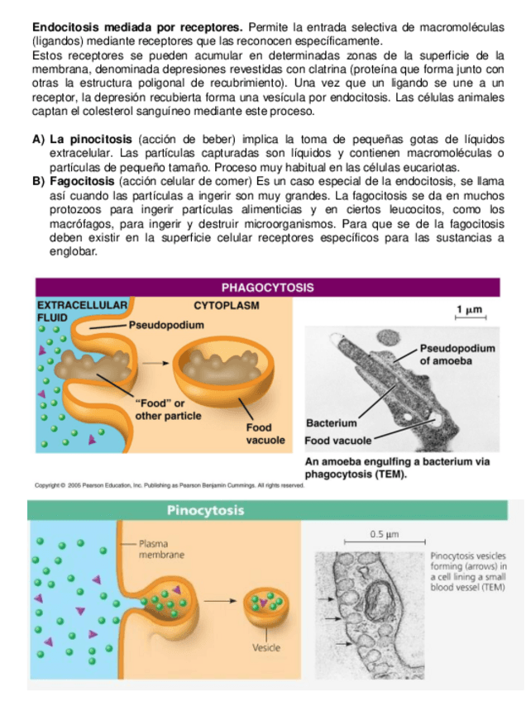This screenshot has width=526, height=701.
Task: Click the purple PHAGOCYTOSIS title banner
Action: tap(267, 288)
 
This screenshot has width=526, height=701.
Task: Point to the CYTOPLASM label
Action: tap(226, 305)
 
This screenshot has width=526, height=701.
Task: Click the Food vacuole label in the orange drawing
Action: tap(265, 434)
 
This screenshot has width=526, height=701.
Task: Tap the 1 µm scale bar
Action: tap(470, 312)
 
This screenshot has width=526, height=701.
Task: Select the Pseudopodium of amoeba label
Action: tap(457, 355)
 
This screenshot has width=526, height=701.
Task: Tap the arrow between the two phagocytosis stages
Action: tap(152, 362)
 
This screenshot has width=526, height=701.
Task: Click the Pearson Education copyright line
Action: tap(170, 486)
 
